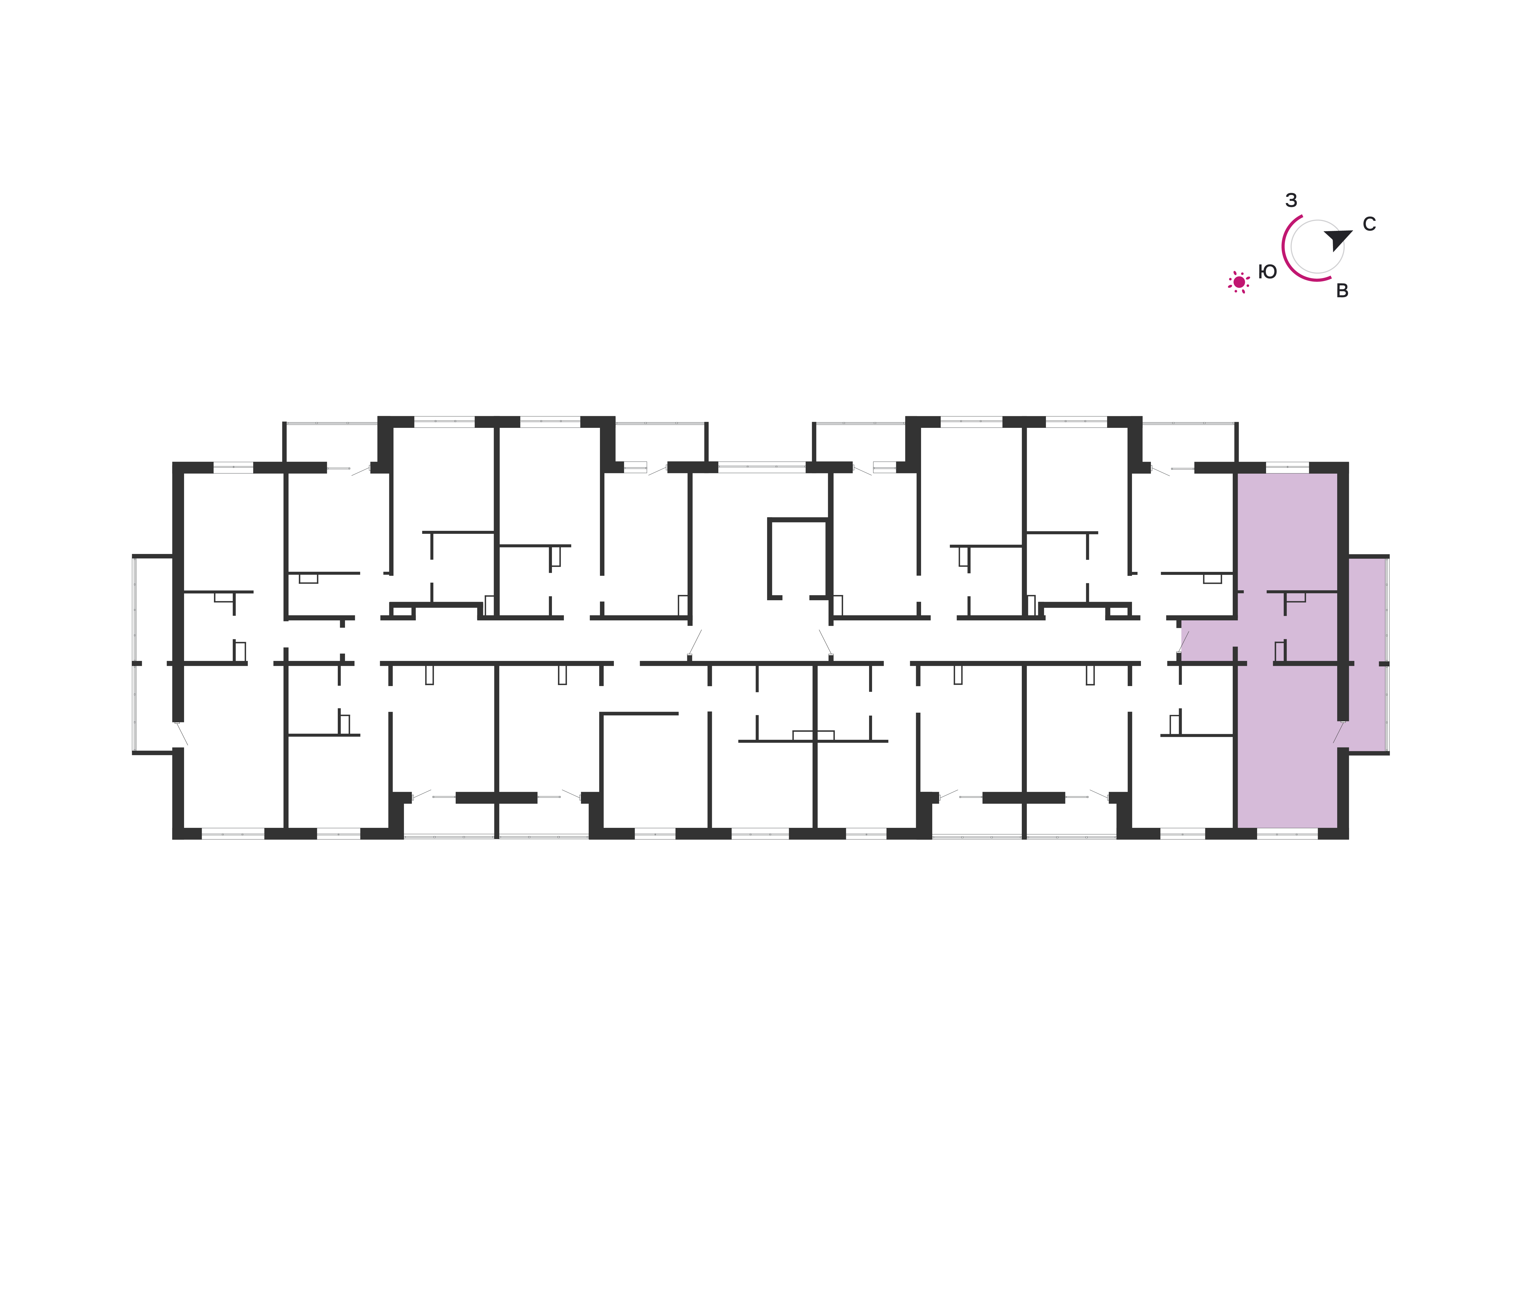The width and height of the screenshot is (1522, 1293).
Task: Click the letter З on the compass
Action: (1291, 200)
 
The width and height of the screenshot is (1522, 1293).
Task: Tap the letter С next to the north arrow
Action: (1369, 224)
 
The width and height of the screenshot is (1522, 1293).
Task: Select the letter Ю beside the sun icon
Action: (1267, 272)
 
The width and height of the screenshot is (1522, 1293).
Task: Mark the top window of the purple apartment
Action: (1287, 467)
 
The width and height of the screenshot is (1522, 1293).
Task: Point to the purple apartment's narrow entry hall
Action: (1208, 640)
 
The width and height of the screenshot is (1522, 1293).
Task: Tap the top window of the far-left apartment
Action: (233, 467)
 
